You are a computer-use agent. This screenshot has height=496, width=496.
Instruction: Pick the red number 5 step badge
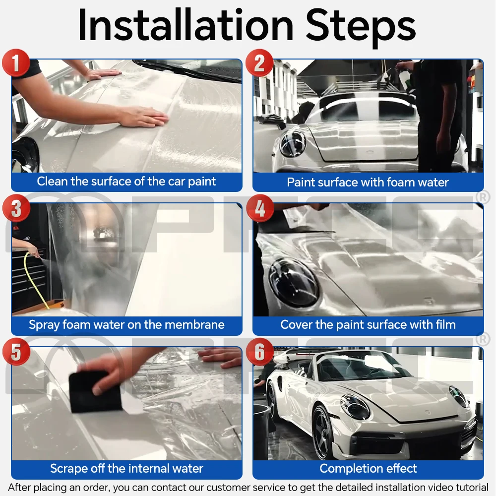tap(16, 353)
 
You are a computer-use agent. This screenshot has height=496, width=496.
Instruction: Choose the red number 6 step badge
tap(259, 353)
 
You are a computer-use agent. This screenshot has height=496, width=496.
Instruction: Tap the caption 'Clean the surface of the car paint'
tap(126, 182)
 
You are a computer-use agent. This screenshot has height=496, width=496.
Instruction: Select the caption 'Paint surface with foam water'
tap(368, 182)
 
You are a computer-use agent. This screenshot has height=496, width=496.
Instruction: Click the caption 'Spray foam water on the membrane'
tap(126, 325)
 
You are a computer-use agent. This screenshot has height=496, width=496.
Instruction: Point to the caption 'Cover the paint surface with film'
tap(368, 325)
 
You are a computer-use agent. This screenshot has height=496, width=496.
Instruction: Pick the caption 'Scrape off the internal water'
tap(126, 468)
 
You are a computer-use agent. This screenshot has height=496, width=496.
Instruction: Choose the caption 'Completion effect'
tap(368, 468)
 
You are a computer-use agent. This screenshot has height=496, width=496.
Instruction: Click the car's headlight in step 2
tap(293, 144)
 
